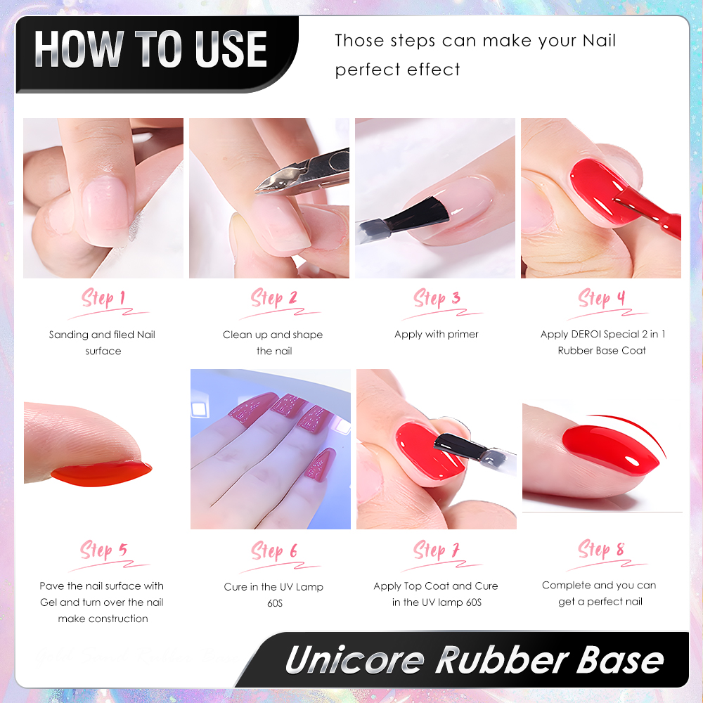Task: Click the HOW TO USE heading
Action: (150, 49)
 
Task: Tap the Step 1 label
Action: (103, 299)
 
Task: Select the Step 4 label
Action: (601, 298)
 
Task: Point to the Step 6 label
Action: (274, 550)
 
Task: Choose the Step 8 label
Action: (601, 549)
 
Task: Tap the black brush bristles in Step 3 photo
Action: (418, 213)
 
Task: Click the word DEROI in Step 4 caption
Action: (586, 334)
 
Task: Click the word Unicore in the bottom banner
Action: (355, 660)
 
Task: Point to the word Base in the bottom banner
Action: (621, 660)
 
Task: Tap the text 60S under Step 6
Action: (275, 603)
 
